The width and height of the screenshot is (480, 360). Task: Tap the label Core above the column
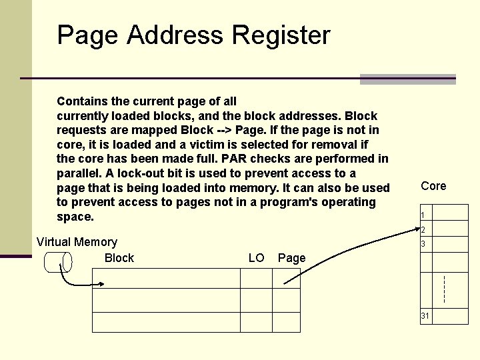tap(433, 186)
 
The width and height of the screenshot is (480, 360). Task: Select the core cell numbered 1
tap(443, 213)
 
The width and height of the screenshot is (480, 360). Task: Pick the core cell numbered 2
tap(443, 229)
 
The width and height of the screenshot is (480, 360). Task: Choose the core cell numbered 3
tap(443, 245)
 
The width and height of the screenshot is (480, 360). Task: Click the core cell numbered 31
tap(443, 316)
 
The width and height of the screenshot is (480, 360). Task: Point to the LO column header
tap(256, 258)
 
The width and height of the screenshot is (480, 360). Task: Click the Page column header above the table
tap(291, 258)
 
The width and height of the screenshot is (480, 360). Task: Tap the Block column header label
tap(119, 258)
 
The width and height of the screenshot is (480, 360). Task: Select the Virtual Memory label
tap(77, 242)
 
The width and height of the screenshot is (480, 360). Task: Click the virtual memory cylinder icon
tap(58, 262)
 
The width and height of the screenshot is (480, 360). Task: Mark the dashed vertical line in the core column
tap(444, 287)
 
